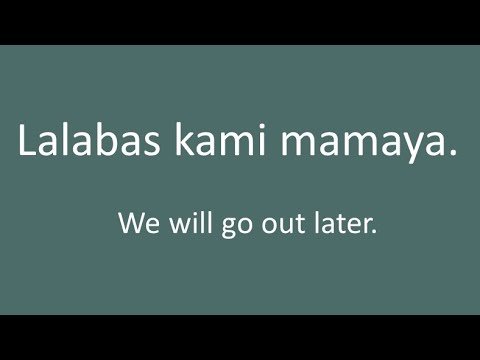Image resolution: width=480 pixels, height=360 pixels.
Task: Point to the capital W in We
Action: tap(129, 222)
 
